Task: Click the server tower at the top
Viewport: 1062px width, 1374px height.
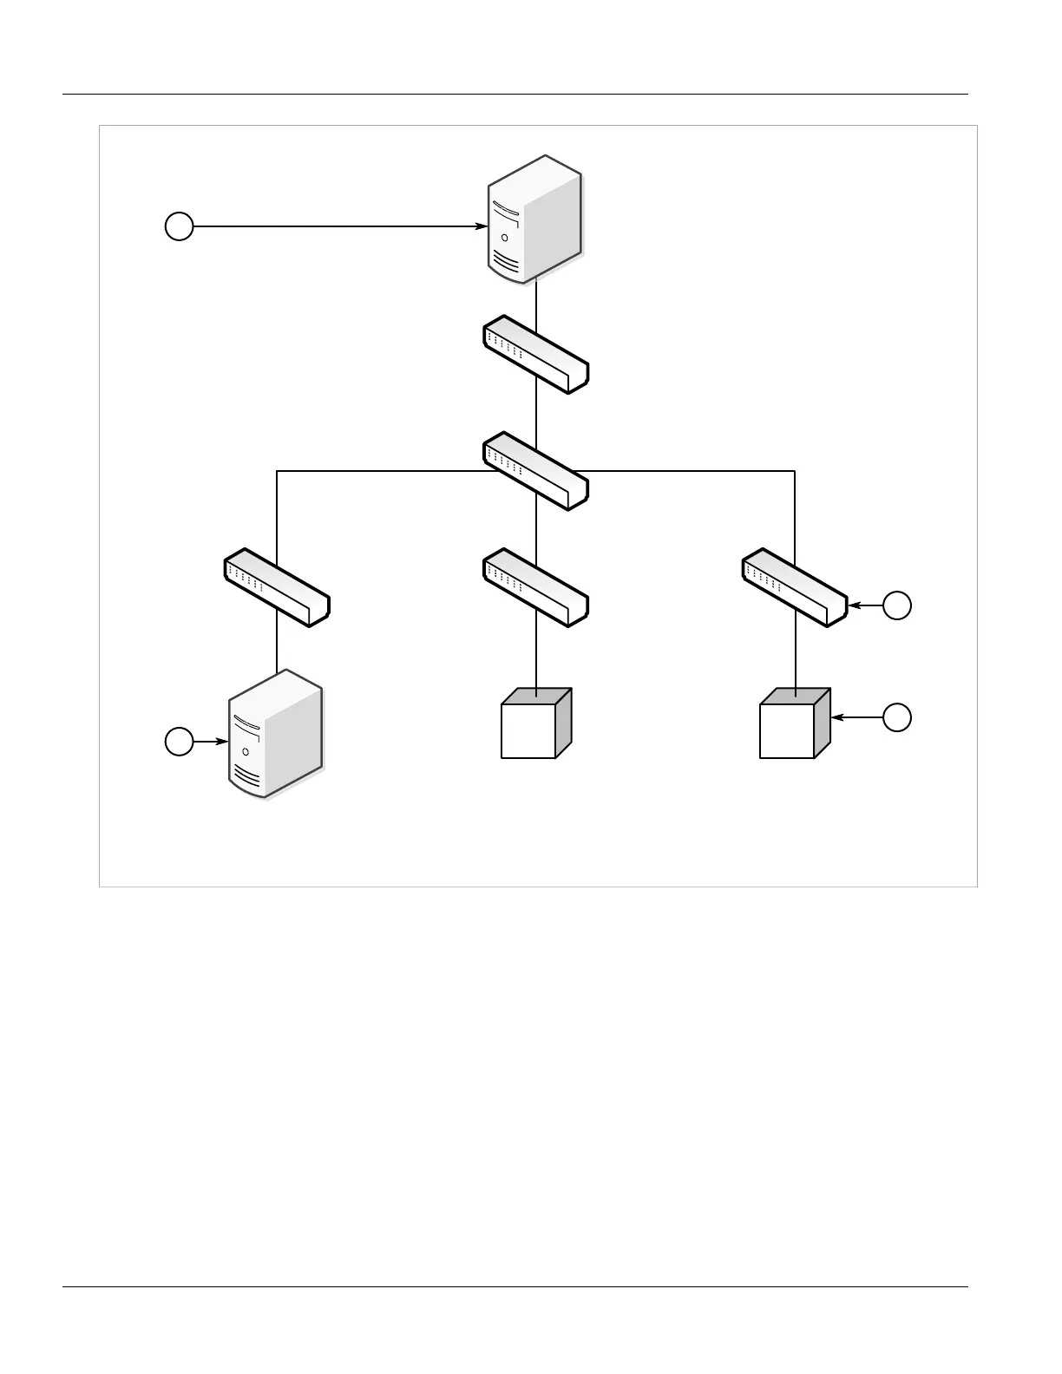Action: coord(534,219)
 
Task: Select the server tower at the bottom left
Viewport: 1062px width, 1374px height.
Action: coord(276,733)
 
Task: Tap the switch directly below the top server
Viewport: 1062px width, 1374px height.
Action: coord(535,354)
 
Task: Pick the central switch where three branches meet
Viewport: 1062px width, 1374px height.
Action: coord(535,470)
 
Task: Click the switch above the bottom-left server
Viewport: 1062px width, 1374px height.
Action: coord(277,586)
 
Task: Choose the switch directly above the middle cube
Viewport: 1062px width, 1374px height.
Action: coord(535,586)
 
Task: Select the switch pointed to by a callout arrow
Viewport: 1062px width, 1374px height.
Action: coord(795,586)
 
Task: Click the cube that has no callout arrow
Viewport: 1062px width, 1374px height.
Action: coord(535,723)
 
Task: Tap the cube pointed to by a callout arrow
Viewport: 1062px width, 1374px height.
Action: coord(794,723)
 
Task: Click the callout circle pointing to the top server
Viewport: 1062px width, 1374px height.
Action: coord(179,226)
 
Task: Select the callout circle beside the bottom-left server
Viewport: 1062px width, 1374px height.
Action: coord(179,742)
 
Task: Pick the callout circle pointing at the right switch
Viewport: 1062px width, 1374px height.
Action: coord(897,605)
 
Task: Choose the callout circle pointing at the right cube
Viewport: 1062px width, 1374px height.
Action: coord(897,717)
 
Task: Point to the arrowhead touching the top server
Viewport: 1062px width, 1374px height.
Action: coord(481,226)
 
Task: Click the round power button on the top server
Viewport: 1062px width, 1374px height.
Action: coord(505,237)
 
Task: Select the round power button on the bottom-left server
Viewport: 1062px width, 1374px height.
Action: coord(246,751)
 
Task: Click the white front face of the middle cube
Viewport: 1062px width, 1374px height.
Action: coord(528,731)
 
